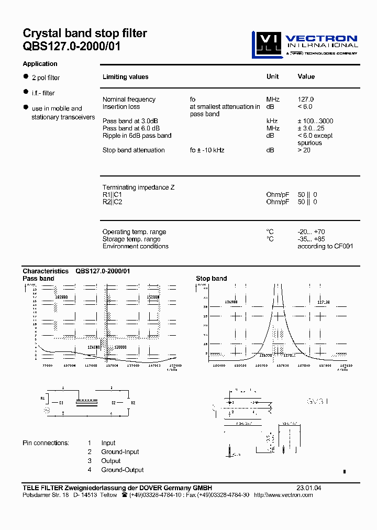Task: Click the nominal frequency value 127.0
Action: pyautogui.click(x=305, y=100)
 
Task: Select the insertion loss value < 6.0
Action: pyautogui.click(x=305, y=107)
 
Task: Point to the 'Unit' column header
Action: pyautogui.click(x=272, y=76)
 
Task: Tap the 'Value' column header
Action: pyautogui.click(x=306, y=76)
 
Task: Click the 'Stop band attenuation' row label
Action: pyautogui.click(x=134, y=150)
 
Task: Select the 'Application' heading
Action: pyautogui.click(x=40, y=64)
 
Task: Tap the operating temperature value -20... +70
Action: pyautogui.click(x=312, y=232)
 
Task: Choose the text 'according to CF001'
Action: pyautogui.click(x=325, y=246)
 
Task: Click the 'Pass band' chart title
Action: pyautogui.click(x=38, y=279)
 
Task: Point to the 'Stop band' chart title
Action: pyautogui.click(x=211, y=279)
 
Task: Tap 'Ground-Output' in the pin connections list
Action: pyautogui.click(x=123, y=470)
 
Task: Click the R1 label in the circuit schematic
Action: pyautogui.click(x=43, y=399)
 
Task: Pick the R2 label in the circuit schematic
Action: pyautogui.click(x=133, y=403)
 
